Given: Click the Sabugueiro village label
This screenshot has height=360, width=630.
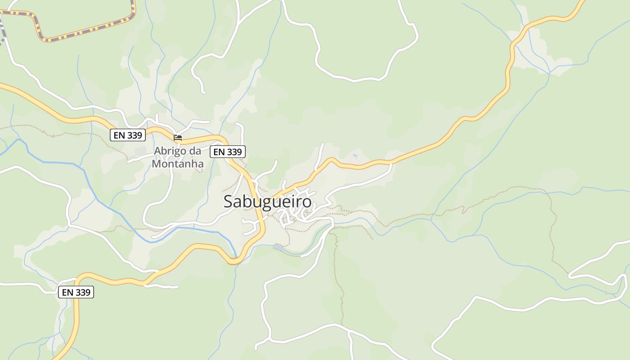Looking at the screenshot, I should point(267,201).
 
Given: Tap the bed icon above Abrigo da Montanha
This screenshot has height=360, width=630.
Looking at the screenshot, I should point(178,138).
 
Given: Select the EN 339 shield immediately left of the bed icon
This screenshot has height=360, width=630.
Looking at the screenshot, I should point(128,135).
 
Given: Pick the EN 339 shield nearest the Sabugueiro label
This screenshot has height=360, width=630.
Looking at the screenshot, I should point(228,152).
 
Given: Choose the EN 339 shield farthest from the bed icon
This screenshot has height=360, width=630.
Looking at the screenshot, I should point(76,292).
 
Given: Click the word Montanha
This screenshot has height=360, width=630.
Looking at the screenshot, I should point(178,164).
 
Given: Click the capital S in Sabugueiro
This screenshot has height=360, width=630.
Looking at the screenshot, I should point(229,202).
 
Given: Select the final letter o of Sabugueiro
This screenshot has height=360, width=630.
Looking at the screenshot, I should point(306,202).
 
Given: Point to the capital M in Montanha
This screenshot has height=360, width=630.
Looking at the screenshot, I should point(156,164).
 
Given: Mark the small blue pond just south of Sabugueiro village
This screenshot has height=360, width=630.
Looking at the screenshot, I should point(279,247).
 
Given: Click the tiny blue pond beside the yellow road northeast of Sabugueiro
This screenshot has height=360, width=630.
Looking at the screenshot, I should point(355,156).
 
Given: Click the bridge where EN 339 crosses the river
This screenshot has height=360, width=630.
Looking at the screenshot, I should point(234,260).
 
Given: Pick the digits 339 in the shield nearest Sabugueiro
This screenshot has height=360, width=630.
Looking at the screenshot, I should point(234,152).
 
